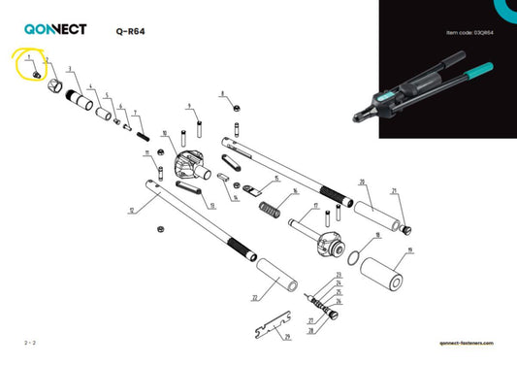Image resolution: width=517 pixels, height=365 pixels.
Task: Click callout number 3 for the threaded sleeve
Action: (x=69, y=70)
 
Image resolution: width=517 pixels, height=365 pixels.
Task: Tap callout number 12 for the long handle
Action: (x=131, y=210)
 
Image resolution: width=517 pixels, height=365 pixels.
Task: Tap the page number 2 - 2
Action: (x=31, y=345)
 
